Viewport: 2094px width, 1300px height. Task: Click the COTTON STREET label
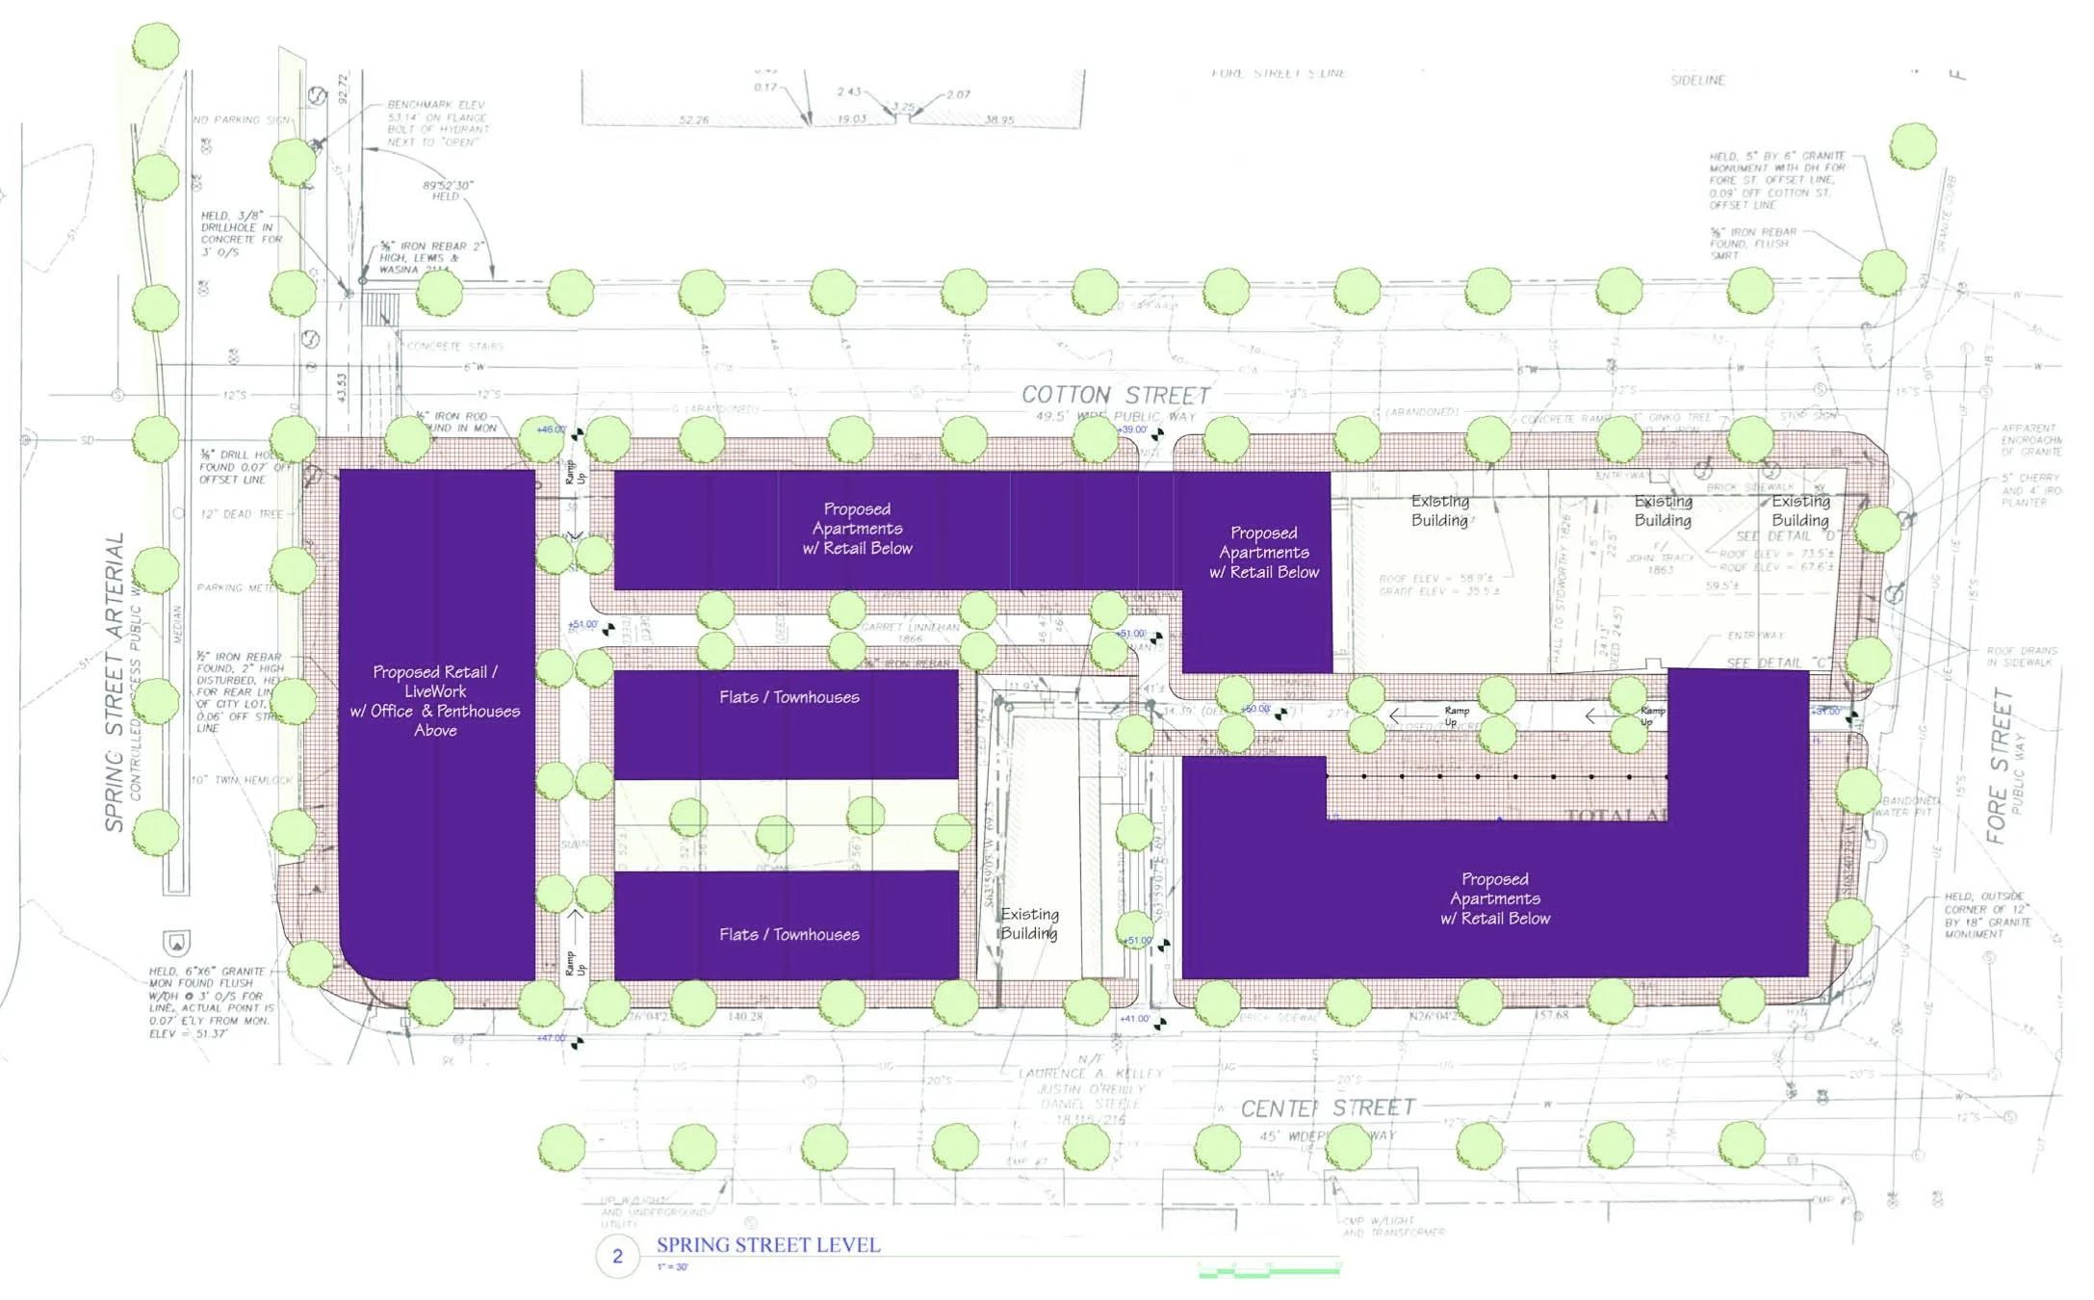[1115, 395]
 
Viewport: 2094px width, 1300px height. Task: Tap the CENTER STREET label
[1328, 1108]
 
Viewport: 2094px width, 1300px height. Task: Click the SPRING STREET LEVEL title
[767, 1245]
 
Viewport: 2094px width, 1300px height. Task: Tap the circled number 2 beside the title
[617, 1256]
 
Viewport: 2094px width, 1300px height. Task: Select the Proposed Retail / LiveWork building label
[435, 700]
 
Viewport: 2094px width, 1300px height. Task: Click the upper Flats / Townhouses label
[788, 697]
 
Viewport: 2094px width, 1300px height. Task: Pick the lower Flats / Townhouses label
[788, 934]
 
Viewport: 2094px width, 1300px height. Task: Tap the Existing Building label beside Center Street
[1029, 923]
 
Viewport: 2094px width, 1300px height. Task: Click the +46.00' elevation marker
[552, 429]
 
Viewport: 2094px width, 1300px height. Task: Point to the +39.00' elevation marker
[1132, 429]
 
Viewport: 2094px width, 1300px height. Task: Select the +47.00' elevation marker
[552, 1038]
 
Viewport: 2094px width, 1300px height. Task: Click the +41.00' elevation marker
[1134, 1019]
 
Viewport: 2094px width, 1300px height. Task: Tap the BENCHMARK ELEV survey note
[437, 123]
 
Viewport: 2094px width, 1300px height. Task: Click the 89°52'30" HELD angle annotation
[448, 191]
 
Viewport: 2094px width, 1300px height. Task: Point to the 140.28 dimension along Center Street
[744, 1016]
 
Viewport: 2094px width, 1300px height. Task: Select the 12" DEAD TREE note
[242, 514]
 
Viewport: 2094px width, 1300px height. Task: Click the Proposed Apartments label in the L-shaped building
[1494, 898]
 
